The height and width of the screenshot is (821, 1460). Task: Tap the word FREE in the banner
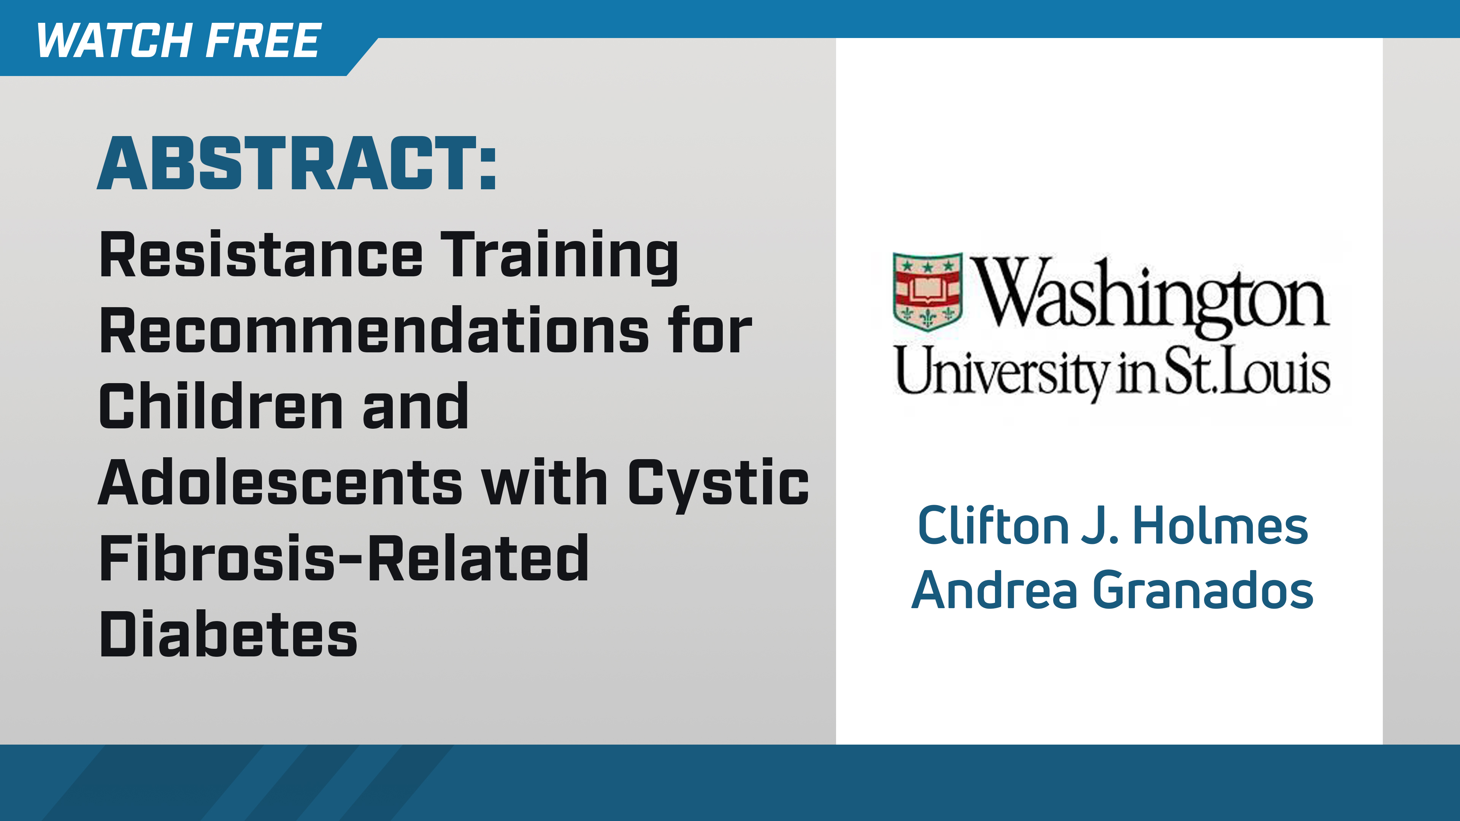263,41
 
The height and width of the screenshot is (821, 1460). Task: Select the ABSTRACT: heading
297,164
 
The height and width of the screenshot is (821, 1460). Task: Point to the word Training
559,256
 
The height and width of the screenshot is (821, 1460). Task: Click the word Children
221,406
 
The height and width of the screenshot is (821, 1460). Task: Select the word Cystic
718,483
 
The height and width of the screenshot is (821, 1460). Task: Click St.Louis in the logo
1247,371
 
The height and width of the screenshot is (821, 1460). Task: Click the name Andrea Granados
1112,590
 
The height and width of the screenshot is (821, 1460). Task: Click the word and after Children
416,406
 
